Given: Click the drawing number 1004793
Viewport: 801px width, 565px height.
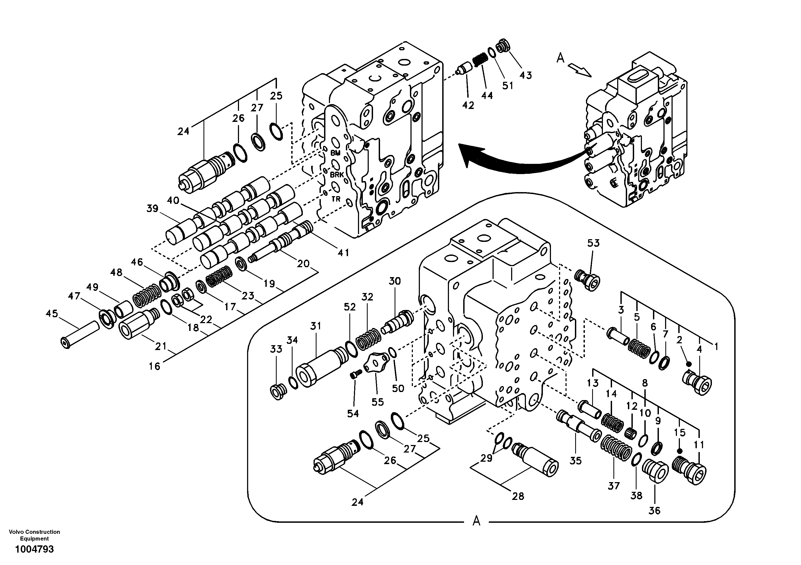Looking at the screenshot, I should (34, 549).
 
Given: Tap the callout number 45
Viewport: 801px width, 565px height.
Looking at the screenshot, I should (52, 314).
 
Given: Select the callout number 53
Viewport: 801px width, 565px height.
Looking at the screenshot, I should (593, 243).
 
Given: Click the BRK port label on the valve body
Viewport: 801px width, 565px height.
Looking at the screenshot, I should (337, 174).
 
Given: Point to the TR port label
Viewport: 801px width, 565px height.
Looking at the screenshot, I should (336, 199).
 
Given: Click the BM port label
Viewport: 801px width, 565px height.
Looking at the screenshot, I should (335, 153).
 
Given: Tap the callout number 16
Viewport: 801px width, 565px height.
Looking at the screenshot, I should (154, 366).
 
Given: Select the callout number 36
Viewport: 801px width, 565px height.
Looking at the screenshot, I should (655, 511).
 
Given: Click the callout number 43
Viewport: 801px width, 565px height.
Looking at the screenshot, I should (526, 75).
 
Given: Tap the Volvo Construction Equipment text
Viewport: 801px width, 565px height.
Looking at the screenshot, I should (34, 535).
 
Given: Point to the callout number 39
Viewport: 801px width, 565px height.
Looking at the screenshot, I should (152, 209).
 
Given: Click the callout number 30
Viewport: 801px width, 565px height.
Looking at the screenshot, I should (395, 281).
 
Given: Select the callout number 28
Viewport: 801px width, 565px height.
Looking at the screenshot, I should (518, 496).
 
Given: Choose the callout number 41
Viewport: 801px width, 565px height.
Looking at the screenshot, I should (343, 253).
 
